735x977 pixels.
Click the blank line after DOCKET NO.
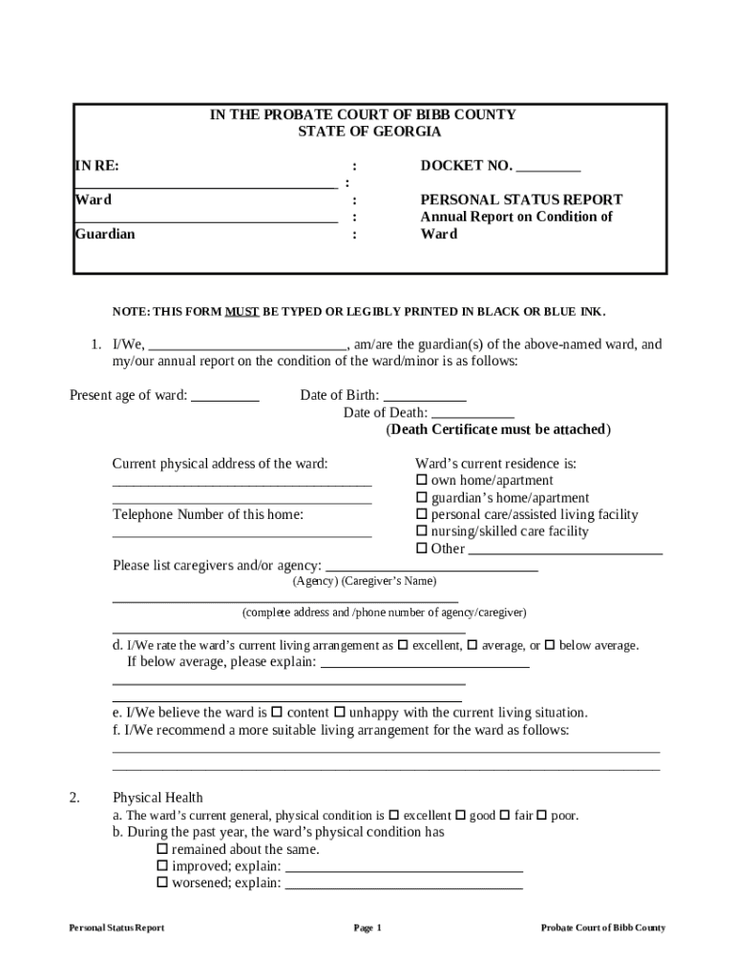pos(548,168)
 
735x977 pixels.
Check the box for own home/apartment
pos(422,481)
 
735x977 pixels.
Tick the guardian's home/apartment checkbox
pos(422,498)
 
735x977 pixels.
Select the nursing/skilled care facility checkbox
pos(422,531)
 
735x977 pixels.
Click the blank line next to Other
pos(565,551)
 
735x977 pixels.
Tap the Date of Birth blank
pos(425,398)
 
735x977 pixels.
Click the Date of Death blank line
pos(472,415)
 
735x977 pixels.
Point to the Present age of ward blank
pos(225,398)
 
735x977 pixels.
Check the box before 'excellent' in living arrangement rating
pos(402,645)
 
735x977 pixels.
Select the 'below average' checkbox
pos(550,645)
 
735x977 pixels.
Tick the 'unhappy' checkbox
pos(339,713)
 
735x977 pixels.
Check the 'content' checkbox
pos(277,713)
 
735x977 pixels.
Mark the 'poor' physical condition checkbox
pos(541,816)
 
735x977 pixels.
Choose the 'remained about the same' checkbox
pos(162,849)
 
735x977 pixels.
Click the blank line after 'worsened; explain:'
pos(404,885)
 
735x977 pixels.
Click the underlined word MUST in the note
pos(241,312)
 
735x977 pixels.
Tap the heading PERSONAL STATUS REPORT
pos(521,199)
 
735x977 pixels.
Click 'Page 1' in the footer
pos(367,928)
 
